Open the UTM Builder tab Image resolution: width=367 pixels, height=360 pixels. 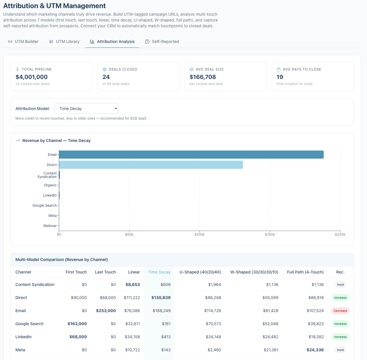23,42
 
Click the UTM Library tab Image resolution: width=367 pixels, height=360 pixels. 65,42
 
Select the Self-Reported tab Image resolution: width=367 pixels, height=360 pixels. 162,42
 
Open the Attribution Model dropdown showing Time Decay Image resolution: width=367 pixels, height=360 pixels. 87,109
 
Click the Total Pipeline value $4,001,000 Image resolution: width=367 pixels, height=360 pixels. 32,77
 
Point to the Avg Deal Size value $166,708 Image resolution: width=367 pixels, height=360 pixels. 203,77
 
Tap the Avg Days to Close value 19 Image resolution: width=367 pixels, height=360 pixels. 280,77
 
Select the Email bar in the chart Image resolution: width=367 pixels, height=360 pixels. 191,154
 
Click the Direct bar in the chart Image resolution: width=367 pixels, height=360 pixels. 151,165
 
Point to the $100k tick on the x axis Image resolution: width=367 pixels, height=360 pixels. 200,234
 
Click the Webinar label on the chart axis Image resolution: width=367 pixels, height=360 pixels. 50,226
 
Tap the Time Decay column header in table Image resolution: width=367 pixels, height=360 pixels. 159,272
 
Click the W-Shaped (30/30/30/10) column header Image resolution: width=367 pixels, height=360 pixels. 254,272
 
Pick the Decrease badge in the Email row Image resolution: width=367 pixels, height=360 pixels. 340,311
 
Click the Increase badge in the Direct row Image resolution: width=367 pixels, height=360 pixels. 340,298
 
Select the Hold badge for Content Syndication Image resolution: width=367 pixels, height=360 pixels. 340,285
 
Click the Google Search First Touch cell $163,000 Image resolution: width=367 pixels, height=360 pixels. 77,324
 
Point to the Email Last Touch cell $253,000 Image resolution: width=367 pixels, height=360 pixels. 106,311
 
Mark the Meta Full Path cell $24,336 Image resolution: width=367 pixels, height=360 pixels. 315,350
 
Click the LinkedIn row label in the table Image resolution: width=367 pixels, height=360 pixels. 24,337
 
